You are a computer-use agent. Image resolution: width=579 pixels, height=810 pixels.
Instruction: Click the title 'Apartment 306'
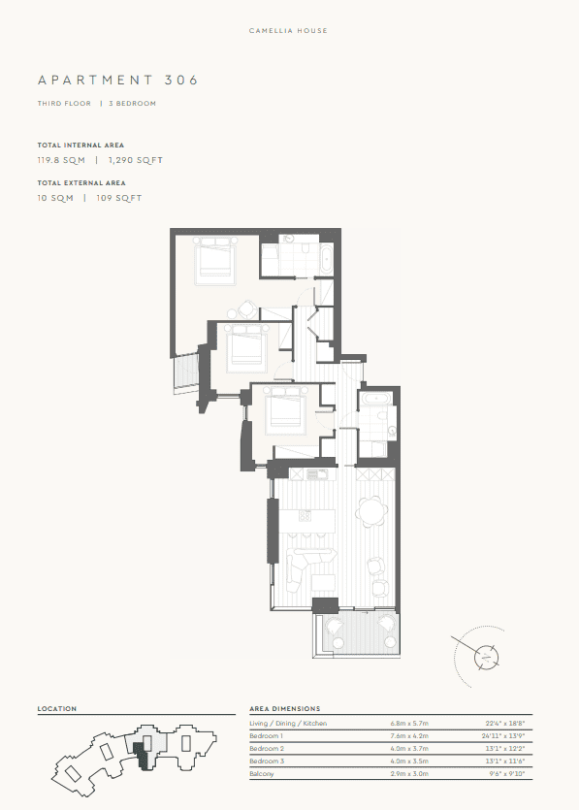117,81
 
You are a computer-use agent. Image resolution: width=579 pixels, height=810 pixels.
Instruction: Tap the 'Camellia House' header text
289,31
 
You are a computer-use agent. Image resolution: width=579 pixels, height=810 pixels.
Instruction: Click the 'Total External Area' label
81,183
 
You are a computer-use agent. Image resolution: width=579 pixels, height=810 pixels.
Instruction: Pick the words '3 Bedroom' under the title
132,103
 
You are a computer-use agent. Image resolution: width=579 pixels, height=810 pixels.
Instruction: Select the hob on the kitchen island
305,514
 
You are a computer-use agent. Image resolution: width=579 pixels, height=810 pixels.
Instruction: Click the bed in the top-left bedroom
215,263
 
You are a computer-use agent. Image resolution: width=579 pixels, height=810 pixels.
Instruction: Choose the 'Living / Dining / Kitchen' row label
288,724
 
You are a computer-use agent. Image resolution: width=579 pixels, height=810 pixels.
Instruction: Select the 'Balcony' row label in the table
263,774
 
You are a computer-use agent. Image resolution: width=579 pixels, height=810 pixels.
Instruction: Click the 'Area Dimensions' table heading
284,709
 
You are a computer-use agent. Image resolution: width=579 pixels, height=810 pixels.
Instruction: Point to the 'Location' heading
57,709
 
